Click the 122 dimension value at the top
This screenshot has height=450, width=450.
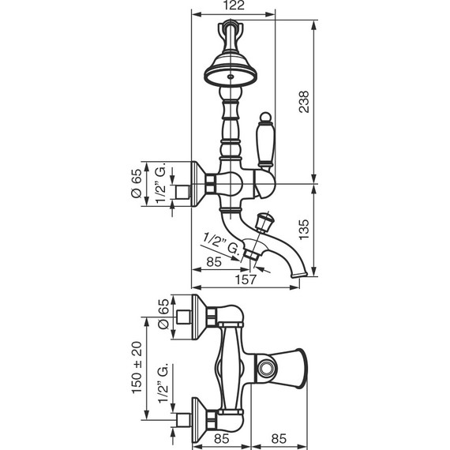click(234, 6)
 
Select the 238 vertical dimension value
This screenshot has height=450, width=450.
click(304, 102)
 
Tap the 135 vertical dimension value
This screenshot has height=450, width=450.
click(304, 229)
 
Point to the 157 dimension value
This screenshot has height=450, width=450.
click(246, 279)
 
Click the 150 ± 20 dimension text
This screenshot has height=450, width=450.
click(137, 367)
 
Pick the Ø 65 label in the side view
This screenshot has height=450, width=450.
click(137, 183)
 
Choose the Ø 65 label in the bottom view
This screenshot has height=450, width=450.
click(164, 313)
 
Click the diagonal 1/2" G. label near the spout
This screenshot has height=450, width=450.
click(221, 244)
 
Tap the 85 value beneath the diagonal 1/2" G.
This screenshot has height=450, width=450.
click(214, 262)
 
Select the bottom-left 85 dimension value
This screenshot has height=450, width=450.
click(222, 438)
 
